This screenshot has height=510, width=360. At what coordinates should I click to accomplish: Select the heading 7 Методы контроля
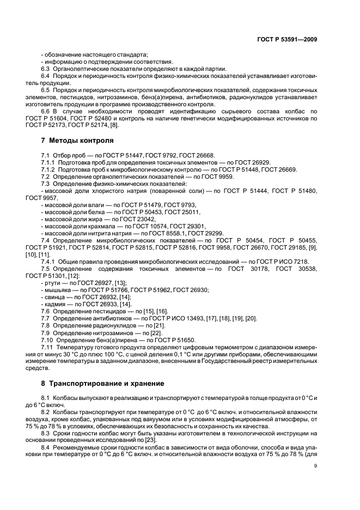pos(74,141)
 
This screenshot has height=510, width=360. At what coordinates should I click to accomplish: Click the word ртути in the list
pos(52,283)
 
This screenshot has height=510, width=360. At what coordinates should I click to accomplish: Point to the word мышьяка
pos(56,290)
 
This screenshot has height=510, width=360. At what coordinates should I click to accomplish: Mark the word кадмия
pos(54,305)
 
